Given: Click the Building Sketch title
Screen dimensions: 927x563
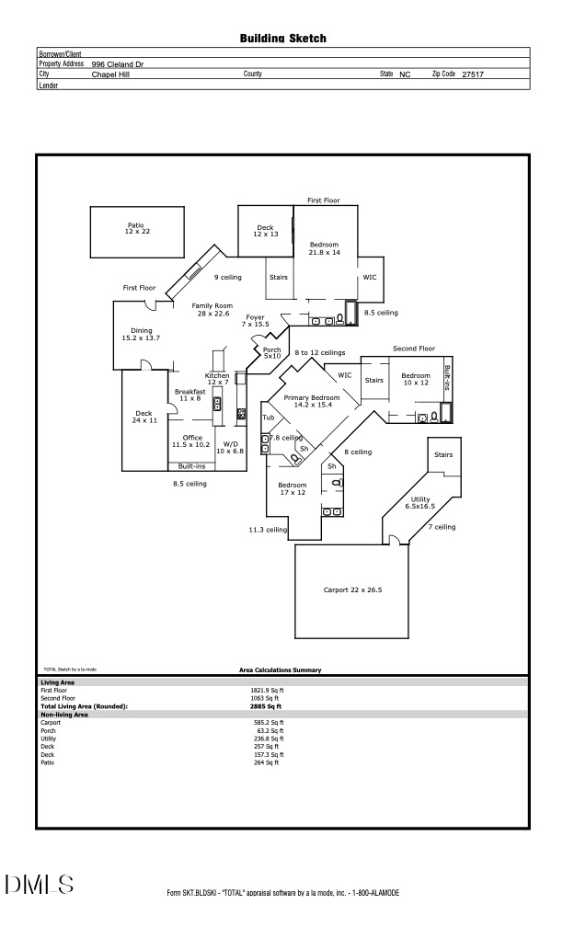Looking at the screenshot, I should coord(282,39).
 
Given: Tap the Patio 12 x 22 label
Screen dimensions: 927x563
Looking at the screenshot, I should coord(137,227).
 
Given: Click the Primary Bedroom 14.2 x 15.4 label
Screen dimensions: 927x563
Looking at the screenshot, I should coord(312,400).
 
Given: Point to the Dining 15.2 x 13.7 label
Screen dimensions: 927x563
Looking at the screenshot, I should coord(141,334).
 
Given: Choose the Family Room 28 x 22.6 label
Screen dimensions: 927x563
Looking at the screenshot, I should coord(212,309).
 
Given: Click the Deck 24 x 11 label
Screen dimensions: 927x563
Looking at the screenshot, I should coord(144,417).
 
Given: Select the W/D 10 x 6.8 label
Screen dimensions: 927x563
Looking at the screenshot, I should coord(228,447).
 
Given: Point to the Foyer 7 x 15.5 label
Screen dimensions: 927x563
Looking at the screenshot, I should coord(255,320).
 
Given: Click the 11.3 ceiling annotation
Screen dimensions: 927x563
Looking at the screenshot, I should coord(268,530).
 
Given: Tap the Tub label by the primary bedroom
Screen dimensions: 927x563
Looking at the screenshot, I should coord(269,418).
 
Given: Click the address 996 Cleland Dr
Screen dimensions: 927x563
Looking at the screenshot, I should coord(118,64).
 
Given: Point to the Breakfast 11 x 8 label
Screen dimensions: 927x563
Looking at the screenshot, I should coord(190,395).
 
